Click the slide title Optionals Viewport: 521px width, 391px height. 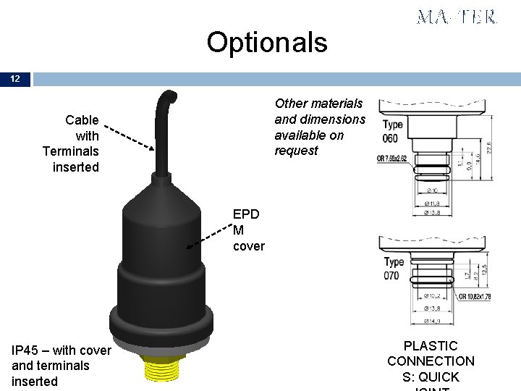(267, 43)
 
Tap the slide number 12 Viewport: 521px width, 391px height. (15, 79)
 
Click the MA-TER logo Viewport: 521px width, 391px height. (457, 17)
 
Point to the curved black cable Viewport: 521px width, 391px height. (160, 130)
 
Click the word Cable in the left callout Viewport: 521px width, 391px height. (82, 119)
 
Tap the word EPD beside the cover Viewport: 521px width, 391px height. (246, 214)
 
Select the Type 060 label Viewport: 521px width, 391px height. (393, 131)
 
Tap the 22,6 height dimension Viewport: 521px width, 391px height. (490, 146)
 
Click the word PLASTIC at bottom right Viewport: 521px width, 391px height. (431, 346)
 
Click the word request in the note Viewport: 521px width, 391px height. (296, 151)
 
